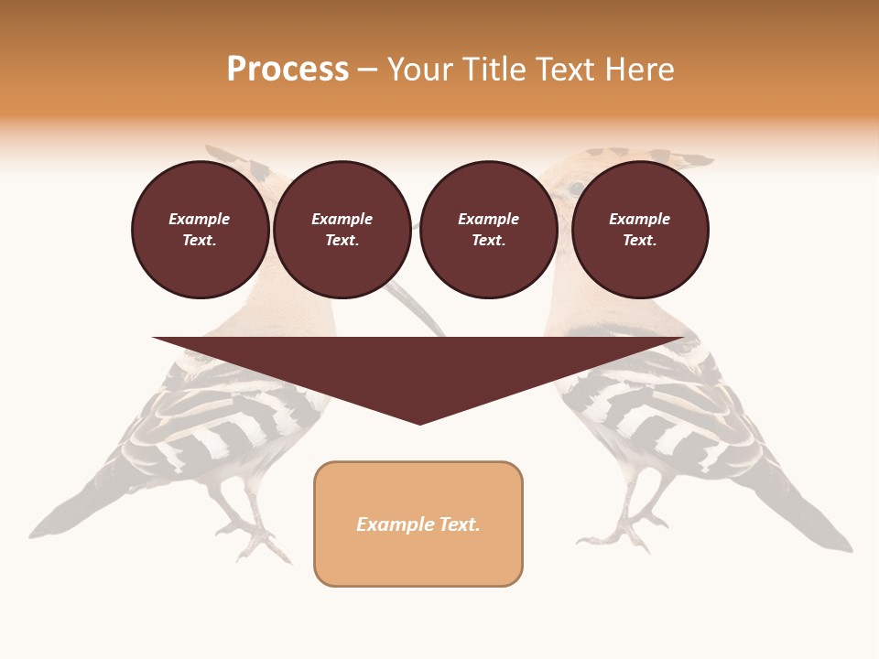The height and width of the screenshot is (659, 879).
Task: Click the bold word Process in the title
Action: [288, 70]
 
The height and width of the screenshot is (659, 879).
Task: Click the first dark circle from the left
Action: [200, 230]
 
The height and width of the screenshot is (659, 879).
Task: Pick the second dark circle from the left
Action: [342, 230]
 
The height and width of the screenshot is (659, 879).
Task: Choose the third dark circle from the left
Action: [489, 230]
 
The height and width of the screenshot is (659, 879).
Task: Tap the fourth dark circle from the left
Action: [640, 230]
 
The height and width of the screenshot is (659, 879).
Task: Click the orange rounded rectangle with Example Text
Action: [418, 524]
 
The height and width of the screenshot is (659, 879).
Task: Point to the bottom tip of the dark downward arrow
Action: [419, 423]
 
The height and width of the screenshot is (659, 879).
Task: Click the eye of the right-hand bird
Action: [576, 189]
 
